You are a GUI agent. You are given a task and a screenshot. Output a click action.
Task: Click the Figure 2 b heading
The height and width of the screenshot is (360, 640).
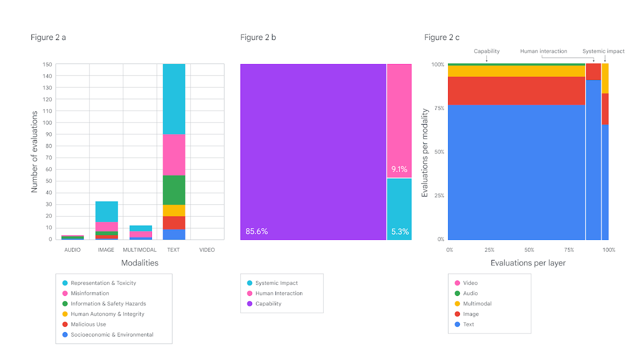click(258, 37)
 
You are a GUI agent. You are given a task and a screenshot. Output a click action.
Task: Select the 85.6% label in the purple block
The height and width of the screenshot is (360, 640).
click(256, 231)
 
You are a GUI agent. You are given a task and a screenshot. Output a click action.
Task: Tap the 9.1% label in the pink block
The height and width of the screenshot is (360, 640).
click(399, 169)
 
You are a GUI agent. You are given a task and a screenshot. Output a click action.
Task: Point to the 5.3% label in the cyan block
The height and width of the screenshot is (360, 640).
click(399, 231)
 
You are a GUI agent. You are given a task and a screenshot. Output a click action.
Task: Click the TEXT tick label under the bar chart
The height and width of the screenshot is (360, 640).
click(173, 250)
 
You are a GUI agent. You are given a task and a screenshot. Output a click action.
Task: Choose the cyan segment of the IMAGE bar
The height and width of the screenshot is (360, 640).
click(106, 212)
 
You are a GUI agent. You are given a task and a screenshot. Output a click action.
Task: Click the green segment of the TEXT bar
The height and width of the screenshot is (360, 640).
click(174, 190)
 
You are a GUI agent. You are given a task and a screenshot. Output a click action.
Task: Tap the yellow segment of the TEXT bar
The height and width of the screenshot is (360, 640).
click(174, 210)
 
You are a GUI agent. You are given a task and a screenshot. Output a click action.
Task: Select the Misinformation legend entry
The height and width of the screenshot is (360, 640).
click(89, 293)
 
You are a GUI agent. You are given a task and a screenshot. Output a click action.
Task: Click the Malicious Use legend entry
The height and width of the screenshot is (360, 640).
click(88, 324)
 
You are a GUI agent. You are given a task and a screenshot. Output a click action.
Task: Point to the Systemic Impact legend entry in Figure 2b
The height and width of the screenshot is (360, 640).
click(276, 283)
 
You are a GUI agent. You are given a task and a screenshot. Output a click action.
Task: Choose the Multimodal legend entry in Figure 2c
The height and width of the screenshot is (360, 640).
click(477, 304)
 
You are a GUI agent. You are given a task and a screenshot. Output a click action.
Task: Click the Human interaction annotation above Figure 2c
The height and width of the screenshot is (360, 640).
click(544, 51)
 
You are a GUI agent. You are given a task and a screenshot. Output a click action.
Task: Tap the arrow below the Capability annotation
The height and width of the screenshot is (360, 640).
click(487, 58)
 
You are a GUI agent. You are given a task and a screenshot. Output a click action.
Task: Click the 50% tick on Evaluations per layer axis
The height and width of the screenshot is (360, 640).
click(529, 250)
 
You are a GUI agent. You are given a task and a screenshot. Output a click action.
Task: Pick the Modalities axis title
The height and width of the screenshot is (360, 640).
click(140, 263)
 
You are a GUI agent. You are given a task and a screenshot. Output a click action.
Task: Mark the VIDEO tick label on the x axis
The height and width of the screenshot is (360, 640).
click(207, 250)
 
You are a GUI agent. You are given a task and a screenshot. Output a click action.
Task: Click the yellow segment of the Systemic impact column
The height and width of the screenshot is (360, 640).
click(605, 78)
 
